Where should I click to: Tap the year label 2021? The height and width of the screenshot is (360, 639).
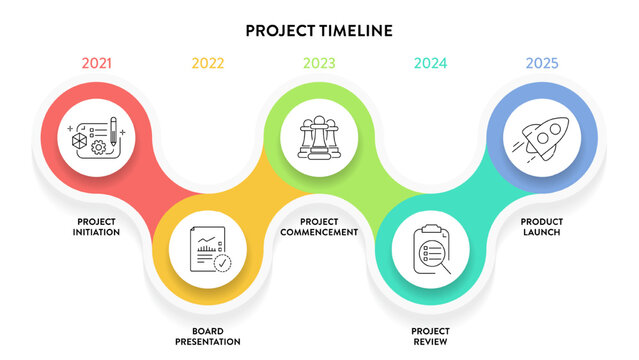pyautogui.click(x=96, y=64)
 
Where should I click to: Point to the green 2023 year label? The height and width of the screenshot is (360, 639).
pyautogui.click(x=319, y=64)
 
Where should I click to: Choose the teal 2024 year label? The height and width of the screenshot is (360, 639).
pyautogui.click(x=431, y=64)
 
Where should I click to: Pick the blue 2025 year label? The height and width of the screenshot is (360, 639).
pyautogui.click(x=541, y=64)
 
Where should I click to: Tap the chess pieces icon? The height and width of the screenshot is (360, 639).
pyautogui.click(x=319, y=137)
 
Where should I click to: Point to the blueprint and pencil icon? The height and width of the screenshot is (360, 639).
pyautogui.click(x=96, y=138)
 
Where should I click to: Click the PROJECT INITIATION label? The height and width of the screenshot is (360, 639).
pyautogui.click(x=97, y=226)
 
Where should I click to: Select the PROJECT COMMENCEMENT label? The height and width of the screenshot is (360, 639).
pyautogui.click(x=319, y=226)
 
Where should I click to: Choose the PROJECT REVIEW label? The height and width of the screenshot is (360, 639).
pyautogui.click(x=431, y=335)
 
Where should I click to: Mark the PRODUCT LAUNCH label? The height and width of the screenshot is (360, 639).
pyautogui.click(x=541, y=226)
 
